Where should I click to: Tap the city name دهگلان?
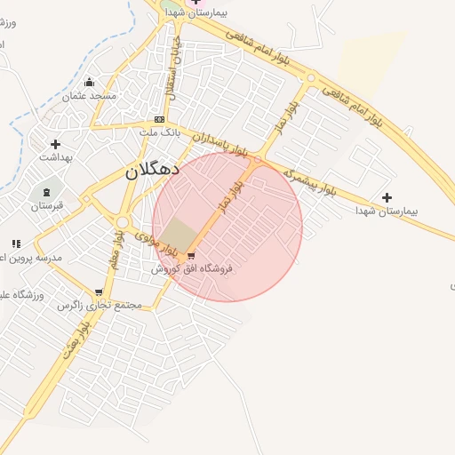pos(152,169)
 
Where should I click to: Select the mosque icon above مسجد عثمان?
pos(89,82)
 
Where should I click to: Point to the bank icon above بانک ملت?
pos(159,119)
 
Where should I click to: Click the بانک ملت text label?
pos(160,132)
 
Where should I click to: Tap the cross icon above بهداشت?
pos(56,144)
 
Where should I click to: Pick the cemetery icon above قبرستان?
pos(46,193)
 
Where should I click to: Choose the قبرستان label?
pos(48,206)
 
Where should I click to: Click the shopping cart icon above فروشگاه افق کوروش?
pos(191,255)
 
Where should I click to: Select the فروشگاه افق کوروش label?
pos(191,267)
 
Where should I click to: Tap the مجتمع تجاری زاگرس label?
pos(100,305)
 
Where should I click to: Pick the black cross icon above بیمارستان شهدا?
pos(387,197)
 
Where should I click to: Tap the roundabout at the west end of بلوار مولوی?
pos(122,222)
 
